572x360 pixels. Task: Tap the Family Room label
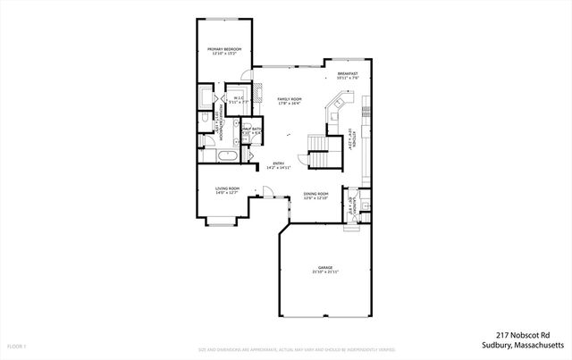(x=289, y=101)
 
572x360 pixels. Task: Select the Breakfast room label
(x=348, y=76)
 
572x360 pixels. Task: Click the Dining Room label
(x=316, y=196)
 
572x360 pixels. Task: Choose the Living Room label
(x=227, y=190)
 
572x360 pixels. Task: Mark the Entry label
(x=279, y=165)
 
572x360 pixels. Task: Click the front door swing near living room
(x=266, y=190)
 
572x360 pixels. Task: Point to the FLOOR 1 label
(x=16, y=346)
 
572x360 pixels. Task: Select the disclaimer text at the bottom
(x=285, y=349)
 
